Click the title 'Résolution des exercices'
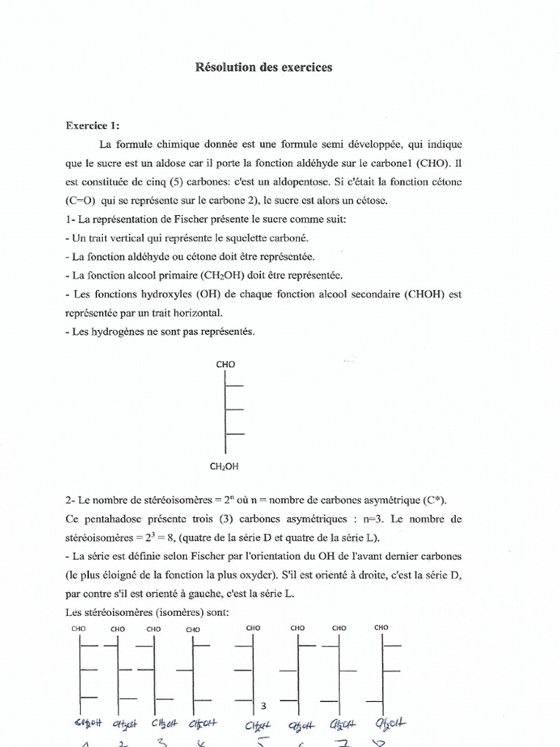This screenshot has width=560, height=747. pyautogui.click(x=263, y=67)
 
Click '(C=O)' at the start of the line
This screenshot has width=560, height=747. pyautogui.click(x=81, y=200)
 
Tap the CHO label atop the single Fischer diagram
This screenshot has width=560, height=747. pyautogui.click(x=225, y=364)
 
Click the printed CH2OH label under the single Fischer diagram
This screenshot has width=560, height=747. pyautogui.click(x=225, y=466)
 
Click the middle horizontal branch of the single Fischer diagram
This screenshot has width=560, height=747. pyautogui.click(x=234, y=410)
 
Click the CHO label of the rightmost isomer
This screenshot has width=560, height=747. pyautogui.click(x=381, y=627)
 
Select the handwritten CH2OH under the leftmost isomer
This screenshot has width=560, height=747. pyautogui.click(x=84, y=724)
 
